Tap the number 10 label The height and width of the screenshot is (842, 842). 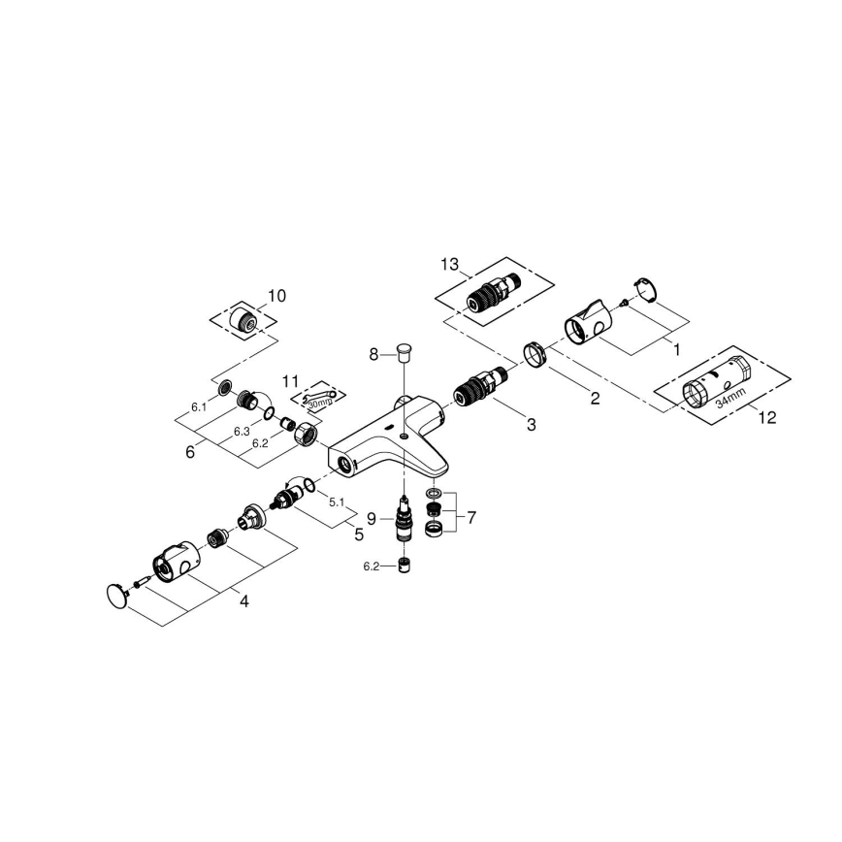click(276, 295)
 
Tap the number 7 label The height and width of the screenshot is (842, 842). click(471, 518)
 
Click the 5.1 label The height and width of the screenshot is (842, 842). click(338, 502)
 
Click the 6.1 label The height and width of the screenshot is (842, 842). click(199, 407)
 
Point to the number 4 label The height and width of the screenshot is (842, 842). click(243, 601)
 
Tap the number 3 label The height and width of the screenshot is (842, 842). click(531, 424)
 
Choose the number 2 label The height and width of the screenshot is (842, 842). click(595, 398)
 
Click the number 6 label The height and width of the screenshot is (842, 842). click(191, 452)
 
